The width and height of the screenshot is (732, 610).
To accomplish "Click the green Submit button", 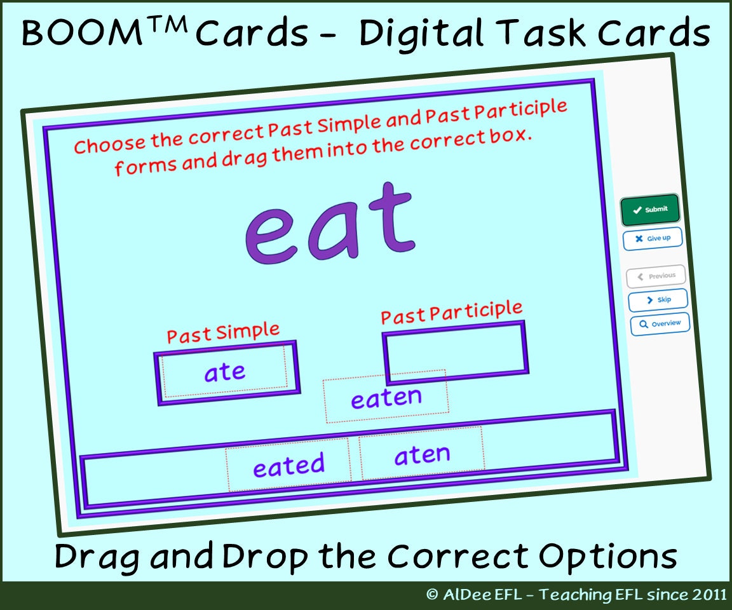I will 650,209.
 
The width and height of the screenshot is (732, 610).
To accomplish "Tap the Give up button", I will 653,238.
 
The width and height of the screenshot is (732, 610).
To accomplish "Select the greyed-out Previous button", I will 656,276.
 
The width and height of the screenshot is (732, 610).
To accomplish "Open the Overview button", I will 660,324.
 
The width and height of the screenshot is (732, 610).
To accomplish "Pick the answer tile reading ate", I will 224,372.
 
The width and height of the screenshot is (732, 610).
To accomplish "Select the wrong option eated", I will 288,466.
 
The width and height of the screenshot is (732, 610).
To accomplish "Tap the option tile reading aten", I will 422,456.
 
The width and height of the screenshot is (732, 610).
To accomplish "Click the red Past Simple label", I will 223,333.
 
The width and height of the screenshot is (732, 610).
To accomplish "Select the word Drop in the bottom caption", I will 268,556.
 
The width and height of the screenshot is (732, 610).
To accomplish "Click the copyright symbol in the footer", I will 432,595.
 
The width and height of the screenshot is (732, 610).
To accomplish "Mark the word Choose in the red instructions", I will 109,144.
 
